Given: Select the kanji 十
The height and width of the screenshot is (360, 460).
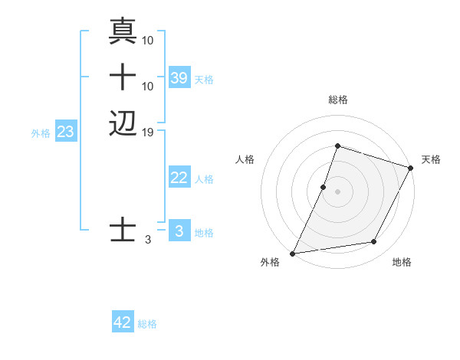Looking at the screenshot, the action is pyautogui.click(x=123, y=77).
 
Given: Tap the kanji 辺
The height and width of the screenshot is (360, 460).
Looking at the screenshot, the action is pyautogui.click(x=123, y=123).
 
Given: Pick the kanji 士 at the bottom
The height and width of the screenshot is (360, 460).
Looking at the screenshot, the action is pyautogui.click(x=123, y=230).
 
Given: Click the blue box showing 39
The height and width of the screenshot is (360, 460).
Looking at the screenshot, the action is pyautogui.click(x=179, y=77).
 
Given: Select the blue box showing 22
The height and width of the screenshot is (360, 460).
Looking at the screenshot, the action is pyautogui.click(x=179, y=178).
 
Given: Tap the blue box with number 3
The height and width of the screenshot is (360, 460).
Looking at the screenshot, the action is pyautogui.click(x=179, y=231).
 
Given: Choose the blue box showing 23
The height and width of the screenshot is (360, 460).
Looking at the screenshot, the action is pyautogui.click(x=66, y=132).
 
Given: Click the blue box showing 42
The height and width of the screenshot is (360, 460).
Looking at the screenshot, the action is pyautogui.click(x=123, y=322).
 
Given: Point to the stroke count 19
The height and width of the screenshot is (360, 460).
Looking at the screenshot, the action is pyautogui.click(x=149, y=132).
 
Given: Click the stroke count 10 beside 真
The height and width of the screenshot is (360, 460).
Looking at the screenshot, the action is pyautogui.click(x=148, y=39).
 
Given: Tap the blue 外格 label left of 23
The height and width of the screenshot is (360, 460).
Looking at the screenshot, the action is pyautogui.click(x=41, y=133).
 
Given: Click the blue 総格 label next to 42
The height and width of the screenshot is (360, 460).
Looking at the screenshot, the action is pyautogui.click(x=147, y=324).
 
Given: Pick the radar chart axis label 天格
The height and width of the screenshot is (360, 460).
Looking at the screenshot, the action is pyautogui.click(x=431, y=159).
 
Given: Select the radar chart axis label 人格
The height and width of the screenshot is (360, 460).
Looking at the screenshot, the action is pyautogui.click(x=245, y=159).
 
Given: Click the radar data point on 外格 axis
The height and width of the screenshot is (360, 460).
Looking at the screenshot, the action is pyautogui.click(x=292, y=253).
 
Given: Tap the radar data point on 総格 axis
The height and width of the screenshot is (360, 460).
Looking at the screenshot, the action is pyautogui.click(x=337, y=146).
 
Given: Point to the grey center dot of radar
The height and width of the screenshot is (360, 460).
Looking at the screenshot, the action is pyautogui.click(x=337, y=191).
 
